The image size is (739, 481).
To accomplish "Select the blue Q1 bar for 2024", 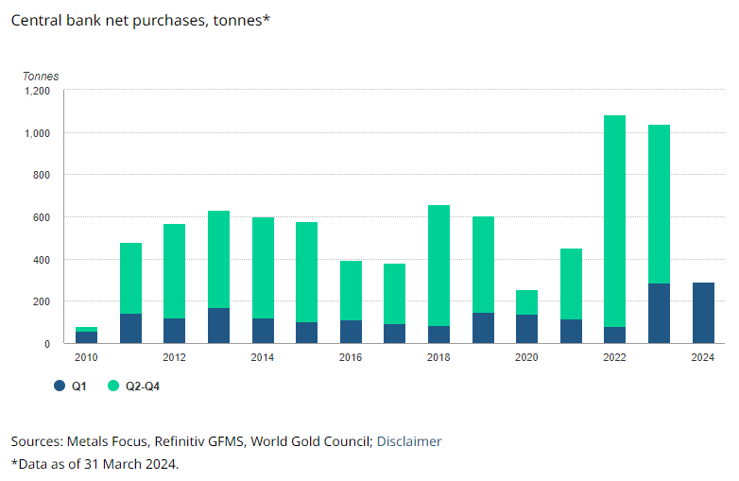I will point(702,313).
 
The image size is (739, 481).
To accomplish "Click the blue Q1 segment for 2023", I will point(659,313).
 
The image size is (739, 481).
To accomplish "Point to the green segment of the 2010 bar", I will point(86,329).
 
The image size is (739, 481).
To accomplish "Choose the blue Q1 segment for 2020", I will point(526,329).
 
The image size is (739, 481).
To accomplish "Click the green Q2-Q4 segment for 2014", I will point(263,267).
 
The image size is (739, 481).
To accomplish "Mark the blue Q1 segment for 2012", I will point(174,331).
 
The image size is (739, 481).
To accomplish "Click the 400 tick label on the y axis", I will point(41,260).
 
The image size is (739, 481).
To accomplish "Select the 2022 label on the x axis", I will point(614,357).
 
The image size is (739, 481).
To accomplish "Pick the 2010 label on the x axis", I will point(86,357).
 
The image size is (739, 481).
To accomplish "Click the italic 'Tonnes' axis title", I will point(41,76).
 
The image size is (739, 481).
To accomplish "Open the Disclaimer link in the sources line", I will point(409,441).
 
